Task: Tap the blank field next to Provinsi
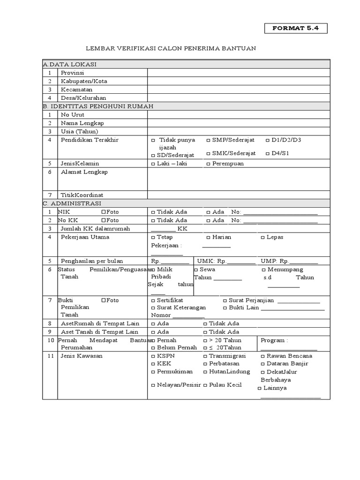point(239,73)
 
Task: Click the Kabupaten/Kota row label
point(84,81)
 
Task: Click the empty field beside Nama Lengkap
point(239,123)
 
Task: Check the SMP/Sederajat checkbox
point(208,140)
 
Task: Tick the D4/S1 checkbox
point(268,154)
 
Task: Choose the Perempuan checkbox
point(208,164)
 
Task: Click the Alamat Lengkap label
point(84,172)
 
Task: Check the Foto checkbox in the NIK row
point(103,212)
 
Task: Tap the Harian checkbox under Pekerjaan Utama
point(208,237)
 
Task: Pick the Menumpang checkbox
point(263,270)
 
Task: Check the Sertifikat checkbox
point(153,300)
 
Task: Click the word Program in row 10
point(273,340)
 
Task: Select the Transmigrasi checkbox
point(205,356)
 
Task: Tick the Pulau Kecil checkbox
point(205,385)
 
